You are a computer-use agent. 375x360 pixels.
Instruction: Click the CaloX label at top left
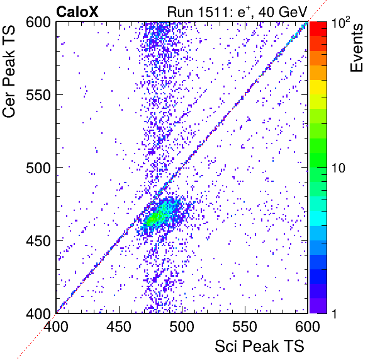77,12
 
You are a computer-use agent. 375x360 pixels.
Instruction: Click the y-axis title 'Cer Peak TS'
9,71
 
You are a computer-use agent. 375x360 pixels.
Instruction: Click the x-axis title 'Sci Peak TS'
259,346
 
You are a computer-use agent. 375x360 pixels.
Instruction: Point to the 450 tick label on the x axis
119,326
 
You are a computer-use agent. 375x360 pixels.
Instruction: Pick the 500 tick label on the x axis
182,326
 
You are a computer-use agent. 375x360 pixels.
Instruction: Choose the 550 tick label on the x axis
245,326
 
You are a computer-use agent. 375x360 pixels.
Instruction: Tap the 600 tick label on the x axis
307,326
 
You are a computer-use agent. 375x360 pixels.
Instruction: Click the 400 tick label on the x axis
56,326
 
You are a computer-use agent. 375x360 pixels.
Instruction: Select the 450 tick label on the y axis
38,240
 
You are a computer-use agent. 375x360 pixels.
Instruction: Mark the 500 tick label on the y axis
38,168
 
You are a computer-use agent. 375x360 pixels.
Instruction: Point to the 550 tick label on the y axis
38,95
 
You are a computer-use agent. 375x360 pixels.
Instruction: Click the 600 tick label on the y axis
38,23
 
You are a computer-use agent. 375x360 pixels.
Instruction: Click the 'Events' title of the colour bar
356,48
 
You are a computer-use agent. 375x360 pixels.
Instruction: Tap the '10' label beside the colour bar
339,168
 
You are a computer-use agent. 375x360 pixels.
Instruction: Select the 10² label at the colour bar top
341,22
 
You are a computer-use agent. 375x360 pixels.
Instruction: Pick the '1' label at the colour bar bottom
334,313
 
